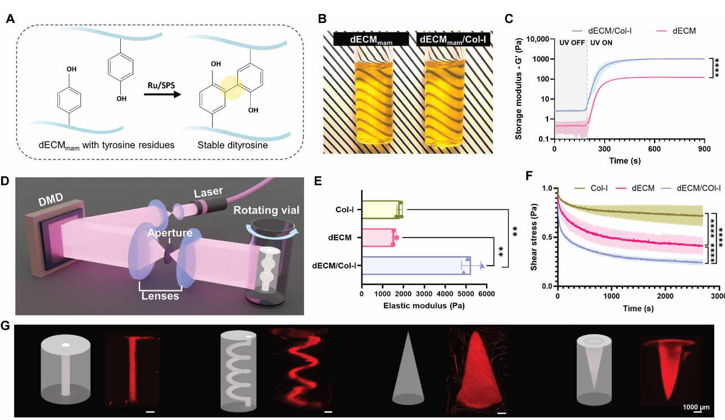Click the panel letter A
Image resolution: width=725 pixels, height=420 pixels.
tap(10, 19)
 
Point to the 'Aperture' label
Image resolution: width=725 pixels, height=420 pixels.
tap(167, 232)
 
